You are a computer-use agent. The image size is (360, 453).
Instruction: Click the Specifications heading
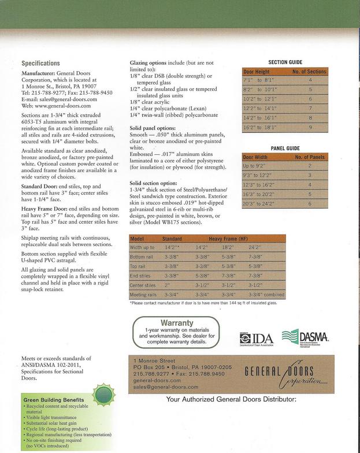coord(40,64)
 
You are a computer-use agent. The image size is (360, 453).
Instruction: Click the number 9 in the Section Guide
coord(310,127)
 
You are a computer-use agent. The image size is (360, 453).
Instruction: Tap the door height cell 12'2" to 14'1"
coord(261,108)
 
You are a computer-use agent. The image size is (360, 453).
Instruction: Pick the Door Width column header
coord(255,157)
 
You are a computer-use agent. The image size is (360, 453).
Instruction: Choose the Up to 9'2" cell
coord(254,166)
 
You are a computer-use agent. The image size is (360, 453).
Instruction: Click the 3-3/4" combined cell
coord(266,294)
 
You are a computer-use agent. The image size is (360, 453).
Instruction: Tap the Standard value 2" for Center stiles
coord(168,285)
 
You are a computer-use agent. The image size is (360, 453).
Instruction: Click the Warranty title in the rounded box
coord(176,322)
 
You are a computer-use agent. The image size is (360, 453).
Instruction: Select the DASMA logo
coord(305,337)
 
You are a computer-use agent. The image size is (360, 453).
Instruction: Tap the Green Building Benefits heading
coord(54,399)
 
